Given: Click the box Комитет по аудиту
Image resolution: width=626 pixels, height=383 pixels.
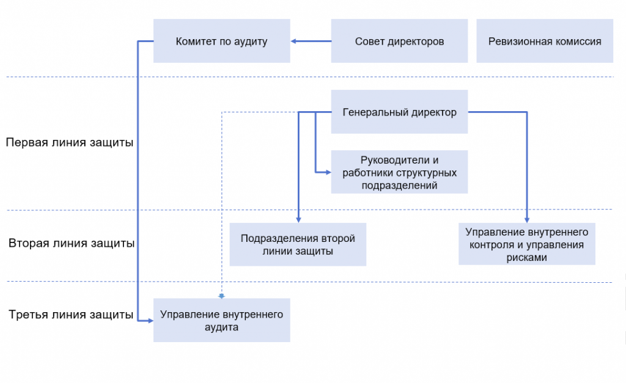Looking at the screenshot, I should click(221, 42).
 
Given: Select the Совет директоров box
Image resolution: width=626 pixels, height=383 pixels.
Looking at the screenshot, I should click(399, 42).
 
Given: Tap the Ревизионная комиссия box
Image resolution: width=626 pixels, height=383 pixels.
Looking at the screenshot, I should click(545, 42).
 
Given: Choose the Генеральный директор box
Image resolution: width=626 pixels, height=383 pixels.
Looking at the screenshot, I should click(399, 112).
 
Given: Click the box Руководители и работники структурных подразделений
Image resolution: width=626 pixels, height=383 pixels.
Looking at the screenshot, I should click(399, 172).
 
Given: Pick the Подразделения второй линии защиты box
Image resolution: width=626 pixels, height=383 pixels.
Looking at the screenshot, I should click(298, 244).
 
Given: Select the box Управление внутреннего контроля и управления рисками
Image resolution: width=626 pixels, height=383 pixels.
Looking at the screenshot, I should click(527, 244).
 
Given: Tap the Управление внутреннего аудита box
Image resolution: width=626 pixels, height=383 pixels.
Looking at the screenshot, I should click(221, 320).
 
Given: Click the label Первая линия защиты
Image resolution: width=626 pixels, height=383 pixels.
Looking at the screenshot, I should click(70, 142).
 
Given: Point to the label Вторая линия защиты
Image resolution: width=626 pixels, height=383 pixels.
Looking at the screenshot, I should click(72, 243).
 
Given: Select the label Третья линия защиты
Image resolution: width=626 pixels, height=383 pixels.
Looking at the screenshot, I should click(71, 315).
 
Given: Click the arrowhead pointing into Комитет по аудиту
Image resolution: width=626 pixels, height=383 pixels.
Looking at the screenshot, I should click(294, 42).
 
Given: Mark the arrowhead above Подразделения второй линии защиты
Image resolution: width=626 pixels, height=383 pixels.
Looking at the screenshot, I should click(298, 219).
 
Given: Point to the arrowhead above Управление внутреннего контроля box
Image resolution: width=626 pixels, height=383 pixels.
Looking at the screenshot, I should click(527, 219).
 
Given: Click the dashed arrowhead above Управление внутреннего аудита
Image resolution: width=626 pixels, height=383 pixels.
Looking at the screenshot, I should click(221, 296).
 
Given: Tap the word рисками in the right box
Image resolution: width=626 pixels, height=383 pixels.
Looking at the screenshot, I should click(527, 258).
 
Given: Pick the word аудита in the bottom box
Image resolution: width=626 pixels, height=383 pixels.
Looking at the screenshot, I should click(221, 327).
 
